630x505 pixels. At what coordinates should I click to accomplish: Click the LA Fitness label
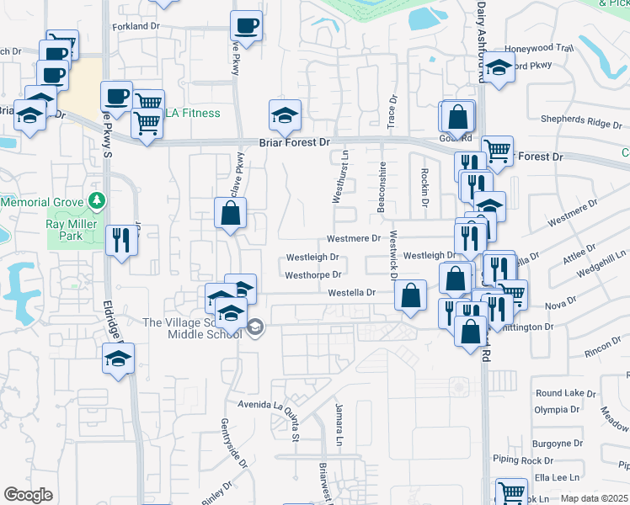tap(193, 114)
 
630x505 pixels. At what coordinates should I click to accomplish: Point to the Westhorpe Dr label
tap(312, 275)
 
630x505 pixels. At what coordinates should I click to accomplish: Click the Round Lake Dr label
tap(565, 393)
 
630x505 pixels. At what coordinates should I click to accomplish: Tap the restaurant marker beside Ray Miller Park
tap(120, 241)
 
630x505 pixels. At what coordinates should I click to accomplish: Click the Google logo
tap(29, 494)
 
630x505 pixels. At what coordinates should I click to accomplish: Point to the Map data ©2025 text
tap(594, 499)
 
